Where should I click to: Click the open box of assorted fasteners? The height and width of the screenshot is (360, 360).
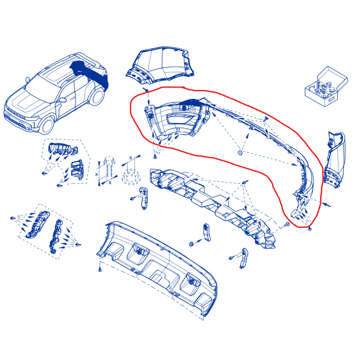326,87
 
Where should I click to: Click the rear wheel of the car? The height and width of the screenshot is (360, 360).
97,97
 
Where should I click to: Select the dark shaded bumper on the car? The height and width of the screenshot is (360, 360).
90,72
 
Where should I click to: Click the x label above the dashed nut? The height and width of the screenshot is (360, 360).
130,158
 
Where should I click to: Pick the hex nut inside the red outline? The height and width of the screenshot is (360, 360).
240,153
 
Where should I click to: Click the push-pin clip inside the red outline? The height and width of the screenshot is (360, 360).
266,119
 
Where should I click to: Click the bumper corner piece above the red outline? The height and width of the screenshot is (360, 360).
161,65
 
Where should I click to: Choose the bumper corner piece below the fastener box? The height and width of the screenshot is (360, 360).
334,159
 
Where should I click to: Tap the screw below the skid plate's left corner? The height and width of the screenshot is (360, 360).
100,270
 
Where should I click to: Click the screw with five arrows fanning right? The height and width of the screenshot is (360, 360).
12,218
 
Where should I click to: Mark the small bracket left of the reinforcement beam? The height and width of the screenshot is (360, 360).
144,198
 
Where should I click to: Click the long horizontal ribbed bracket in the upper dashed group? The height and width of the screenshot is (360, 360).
63,148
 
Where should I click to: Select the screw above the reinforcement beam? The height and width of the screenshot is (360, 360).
245,182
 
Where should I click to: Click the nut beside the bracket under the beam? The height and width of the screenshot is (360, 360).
191,244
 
